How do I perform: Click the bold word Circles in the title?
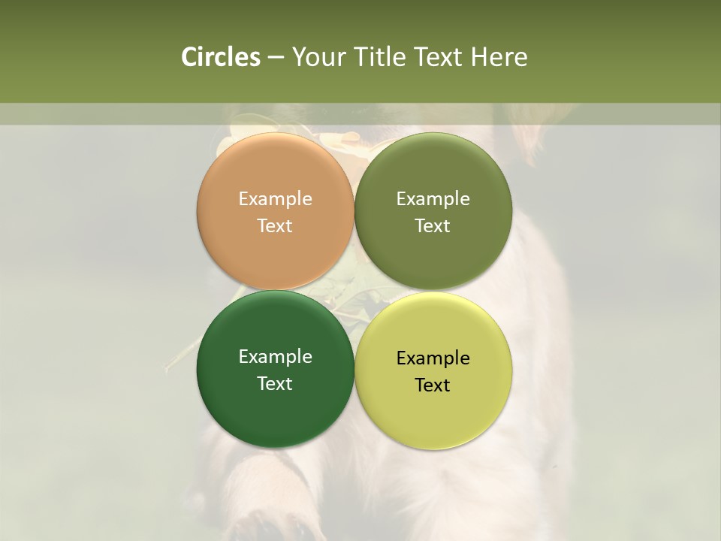pyautogui.click(x=220, y=57)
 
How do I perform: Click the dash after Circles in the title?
pyautogui.click(x=276, y=58)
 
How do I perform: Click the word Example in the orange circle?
pyautogui.click(x=275, y=199)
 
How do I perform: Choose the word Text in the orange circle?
pyautogui.click(x=275, y=226)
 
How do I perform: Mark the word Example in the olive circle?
pyautogui.click(x=433, y=199)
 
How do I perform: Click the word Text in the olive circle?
pyautogui.click(x=433, y=226)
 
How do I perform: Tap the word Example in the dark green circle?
pyautogui.click(x=275, y=357)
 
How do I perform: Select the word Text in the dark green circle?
pyautogui.click(x=275, y=384)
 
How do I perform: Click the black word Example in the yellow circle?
pyautogui.click(x=433, y=358)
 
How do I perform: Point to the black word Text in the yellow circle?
pyautogui.click(x=433, y=385)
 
